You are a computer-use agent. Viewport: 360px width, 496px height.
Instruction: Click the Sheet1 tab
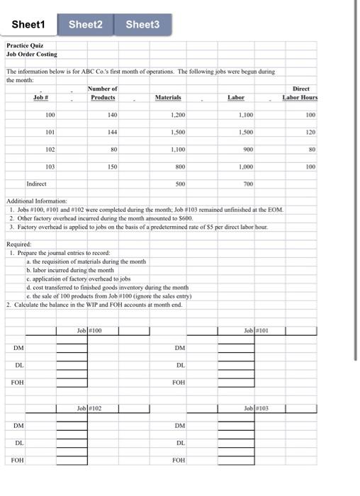28,25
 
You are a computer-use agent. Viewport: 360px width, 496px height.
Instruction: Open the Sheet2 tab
86,25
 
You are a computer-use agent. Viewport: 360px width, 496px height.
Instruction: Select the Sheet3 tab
142,25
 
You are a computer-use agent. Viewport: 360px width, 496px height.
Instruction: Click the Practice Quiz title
26,45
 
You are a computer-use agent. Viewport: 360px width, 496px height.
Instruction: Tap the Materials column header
168,97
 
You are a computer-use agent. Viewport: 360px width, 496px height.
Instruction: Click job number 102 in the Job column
50,150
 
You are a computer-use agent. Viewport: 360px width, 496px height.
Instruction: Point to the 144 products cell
110,132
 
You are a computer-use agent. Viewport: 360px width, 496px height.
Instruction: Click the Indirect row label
36,184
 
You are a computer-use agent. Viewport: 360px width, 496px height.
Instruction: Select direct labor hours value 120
309,132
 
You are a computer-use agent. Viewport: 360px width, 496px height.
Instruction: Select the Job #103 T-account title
254,408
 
